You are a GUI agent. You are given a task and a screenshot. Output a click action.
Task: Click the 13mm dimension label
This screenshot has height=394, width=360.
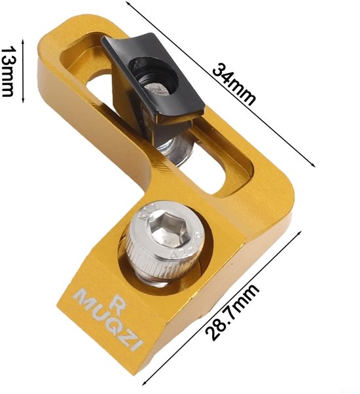[x=10, y=71]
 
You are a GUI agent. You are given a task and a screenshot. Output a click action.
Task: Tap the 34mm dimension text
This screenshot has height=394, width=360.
[x=234, y=84]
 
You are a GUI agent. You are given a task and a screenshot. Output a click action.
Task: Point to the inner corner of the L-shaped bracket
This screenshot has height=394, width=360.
[x=139, y=194]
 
